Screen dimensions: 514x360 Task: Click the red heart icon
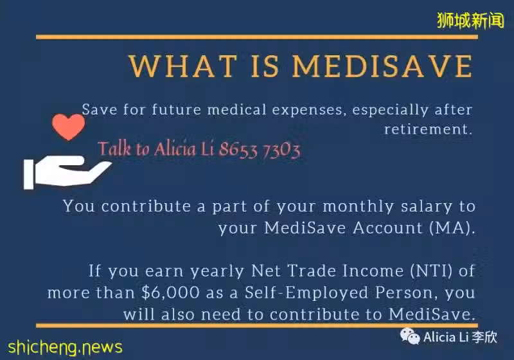click(x=68, y=127)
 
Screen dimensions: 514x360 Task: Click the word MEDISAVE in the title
click(x=382, y=66)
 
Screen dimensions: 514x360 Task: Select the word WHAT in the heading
click(x=183, y=66)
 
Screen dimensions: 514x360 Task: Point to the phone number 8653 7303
click(x=260, y=150)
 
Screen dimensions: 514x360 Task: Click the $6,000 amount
click(x=170, y=292)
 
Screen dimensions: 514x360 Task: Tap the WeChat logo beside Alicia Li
click(x=410, y=336)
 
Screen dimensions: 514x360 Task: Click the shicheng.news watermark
click(x=65, y=347)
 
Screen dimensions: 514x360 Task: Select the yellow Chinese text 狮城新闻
click(x=470, y=21)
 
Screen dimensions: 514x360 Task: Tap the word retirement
click(x=428, y=129)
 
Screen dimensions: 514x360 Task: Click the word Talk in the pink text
click(x=114, y=148)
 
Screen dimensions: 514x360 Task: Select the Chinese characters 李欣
click(x=485, y=337)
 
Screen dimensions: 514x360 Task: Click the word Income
click(x=373, y=271)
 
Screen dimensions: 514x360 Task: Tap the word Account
click(x=388, y=228)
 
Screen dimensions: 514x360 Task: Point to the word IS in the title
click(x=265, y=66)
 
